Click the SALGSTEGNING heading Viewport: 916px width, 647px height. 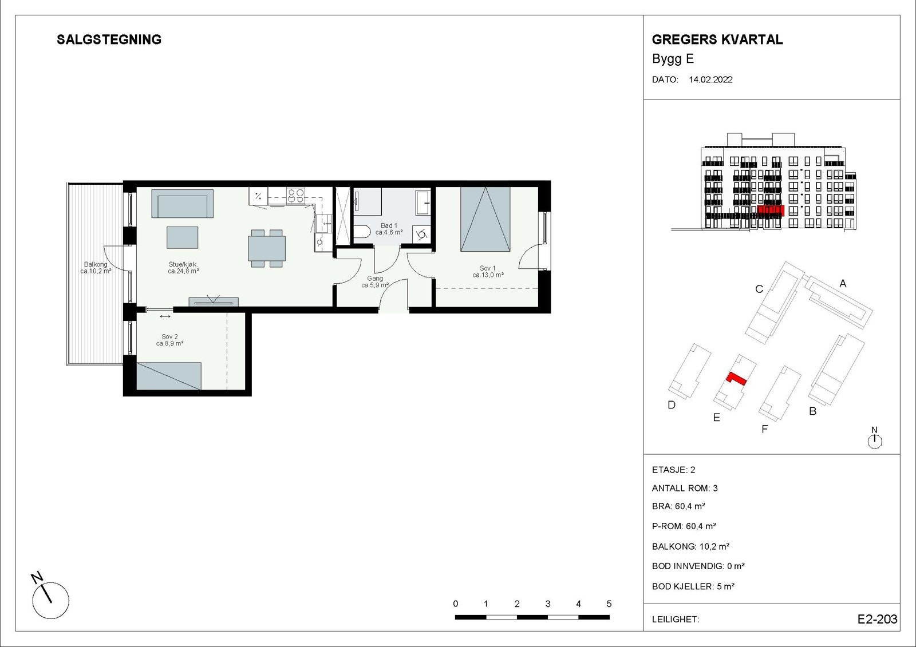tap(109, 39)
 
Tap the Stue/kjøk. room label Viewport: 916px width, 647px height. tap(184, 264)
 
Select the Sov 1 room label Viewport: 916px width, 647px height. tap(487, 268)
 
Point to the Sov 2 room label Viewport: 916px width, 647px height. tap(169, 337)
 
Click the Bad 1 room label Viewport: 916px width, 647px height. tap(389, 225)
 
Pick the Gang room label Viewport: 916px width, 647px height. tap(375, 279)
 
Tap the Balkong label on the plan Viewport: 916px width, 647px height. tap(96, 264)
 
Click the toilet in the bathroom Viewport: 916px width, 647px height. tap(361, 233)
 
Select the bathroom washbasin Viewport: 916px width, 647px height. tap(423, 202)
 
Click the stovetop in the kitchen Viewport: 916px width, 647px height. tap(295, 196)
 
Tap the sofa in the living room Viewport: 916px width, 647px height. tap(183, 204)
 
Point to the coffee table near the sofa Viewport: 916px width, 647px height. tap(183, 237)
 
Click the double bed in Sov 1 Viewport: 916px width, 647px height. tap(485, 219)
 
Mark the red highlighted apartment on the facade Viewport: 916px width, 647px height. tap(771, 211)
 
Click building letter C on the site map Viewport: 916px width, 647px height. tap(759, 289)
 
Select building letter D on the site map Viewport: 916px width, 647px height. tap(672, 404)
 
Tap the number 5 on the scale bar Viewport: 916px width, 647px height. tap(609, 604)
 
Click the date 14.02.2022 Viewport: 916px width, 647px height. tap(710, 80)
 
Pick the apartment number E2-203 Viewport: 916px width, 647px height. tap(877, 619)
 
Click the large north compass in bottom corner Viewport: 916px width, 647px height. tap(51, 600)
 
